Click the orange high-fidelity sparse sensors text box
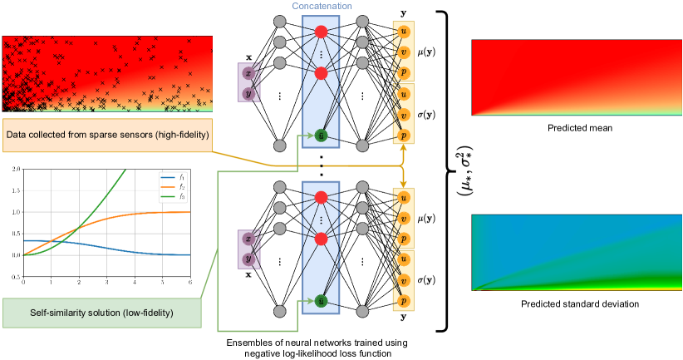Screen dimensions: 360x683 click(x=107, y=134)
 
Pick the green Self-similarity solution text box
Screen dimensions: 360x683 click(x=102, y=313)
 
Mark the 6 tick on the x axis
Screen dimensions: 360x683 click(x=191, y=283)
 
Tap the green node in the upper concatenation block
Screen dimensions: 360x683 click(x=321, y=134)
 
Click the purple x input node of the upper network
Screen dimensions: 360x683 click(x=247, y=73)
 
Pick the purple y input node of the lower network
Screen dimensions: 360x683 click(x=247, y=259)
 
